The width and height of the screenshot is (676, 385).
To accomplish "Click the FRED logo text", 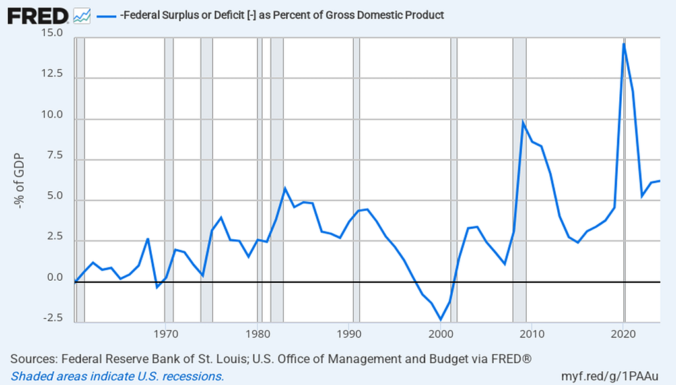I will tap(36, 15).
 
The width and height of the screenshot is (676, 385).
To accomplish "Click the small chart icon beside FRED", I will tap(82, 15).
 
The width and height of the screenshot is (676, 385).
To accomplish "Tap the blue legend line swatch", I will tap(106, 15).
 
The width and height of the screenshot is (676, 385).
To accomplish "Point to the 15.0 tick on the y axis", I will tap(51, 33).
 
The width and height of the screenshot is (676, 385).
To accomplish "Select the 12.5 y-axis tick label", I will tap(51, 74).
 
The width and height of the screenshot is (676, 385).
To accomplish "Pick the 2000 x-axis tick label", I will tap(441, 333).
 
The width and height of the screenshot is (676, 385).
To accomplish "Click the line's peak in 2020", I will tap(624, 44).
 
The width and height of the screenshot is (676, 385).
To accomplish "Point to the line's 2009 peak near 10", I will tap(523, 122).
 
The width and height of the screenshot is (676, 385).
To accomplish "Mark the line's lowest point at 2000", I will tap(441, 320).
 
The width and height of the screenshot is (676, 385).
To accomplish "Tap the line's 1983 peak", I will tap(285, 189).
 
